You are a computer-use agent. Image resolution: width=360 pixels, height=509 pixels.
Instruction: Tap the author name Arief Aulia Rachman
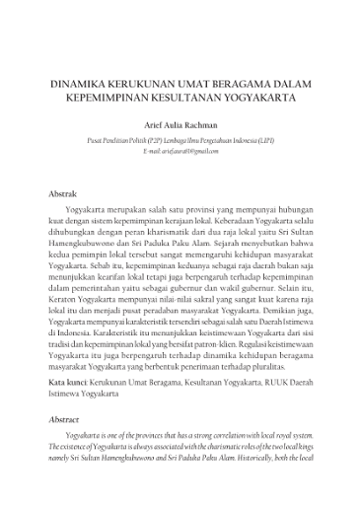click(x=180, y=126)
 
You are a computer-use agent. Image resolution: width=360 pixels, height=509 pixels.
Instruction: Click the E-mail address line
click(x=180, y=153)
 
